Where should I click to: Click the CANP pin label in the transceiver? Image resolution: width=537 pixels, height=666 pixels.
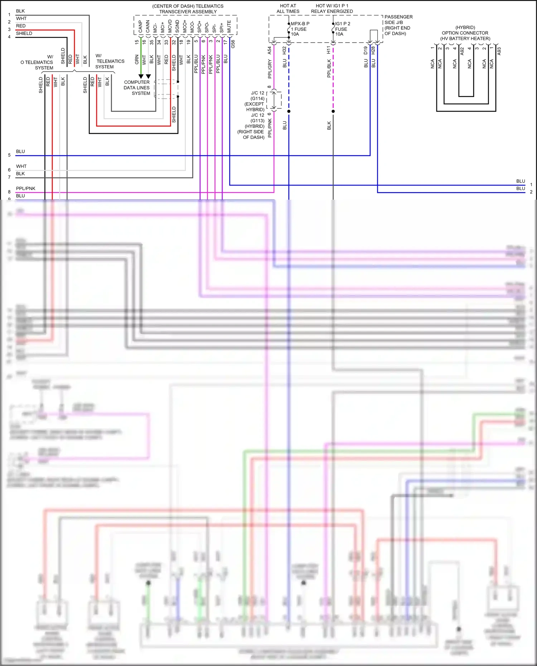pos(140,26)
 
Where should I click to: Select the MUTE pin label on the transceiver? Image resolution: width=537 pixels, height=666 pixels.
pos(229,26)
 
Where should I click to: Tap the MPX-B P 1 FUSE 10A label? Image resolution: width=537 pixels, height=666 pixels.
pos(300,29)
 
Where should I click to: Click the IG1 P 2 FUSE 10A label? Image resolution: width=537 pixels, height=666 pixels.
pos(342,29)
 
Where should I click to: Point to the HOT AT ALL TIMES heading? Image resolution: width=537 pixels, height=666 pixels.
pos(288,9)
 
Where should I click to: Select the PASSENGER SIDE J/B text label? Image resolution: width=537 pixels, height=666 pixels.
pos(398,20)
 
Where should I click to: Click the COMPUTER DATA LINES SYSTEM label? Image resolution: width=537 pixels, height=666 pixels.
pos(137,88)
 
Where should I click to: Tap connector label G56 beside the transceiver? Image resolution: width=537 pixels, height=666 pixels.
pos(233,44)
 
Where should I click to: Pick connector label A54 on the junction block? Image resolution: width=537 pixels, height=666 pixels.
pos(269,50)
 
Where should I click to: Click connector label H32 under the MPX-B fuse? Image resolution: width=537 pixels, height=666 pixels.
pos(284,50)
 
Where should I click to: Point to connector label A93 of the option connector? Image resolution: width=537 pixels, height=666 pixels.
pos(499,51)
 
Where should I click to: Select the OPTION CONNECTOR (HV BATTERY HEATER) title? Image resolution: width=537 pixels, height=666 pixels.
pos(465,33)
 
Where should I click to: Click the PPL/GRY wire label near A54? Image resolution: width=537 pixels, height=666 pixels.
pos(270,69)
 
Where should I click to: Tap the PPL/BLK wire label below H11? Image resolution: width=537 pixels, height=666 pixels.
pos(329,68)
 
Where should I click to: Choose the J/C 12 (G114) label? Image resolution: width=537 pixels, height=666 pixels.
pos(257,96)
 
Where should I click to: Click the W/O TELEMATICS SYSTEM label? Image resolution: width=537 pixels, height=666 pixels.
pos(38,62)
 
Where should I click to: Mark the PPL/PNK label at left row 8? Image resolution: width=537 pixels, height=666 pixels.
pos(26,188)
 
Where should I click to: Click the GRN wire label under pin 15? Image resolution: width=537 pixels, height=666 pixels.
pos(137,59)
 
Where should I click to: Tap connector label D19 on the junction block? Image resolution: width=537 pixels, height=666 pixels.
pos(366,50)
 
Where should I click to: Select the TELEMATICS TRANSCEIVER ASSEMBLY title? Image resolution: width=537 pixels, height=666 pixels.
pos(188,9)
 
